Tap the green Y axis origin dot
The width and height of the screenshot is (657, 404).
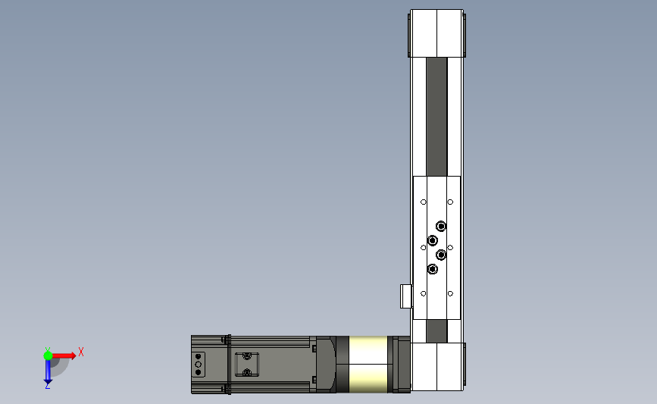pos(48,355)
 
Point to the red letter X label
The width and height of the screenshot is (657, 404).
pos(80,352)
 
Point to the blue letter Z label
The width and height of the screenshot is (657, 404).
pos(47,387)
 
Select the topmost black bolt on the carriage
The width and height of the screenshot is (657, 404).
pos(441,226)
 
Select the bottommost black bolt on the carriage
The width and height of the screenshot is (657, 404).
pos(432,269)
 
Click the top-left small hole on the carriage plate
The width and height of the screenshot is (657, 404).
pos(424,202)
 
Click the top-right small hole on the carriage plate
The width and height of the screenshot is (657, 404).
pos(450,202)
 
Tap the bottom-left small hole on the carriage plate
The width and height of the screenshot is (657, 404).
pos(424,293)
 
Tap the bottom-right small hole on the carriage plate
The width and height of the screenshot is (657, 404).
pos(450,293)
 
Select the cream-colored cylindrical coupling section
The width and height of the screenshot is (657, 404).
pos(368,365)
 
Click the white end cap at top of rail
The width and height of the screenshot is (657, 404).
pos(436,33)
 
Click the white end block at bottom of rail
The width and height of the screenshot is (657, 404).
pos(437,367)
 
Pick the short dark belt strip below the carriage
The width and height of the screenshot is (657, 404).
pos(436,330)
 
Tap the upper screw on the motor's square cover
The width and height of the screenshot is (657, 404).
pos(246,356)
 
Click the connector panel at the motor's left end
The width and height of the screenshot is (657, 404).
pos(199,365)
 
